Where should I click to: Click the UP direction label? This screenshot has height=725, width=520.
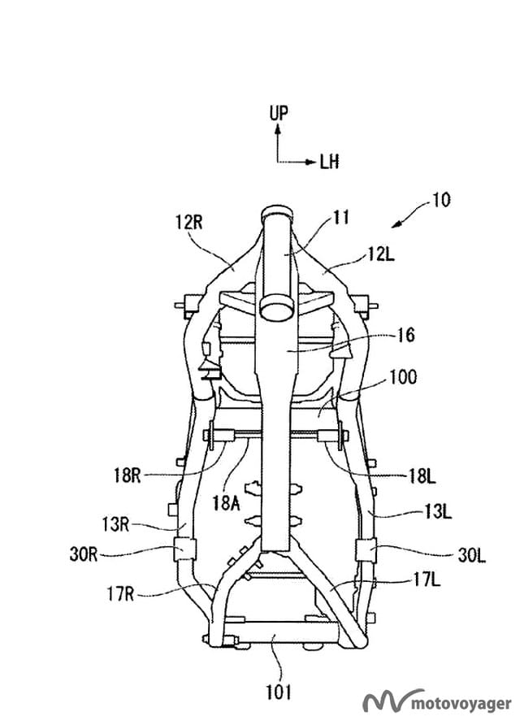279,113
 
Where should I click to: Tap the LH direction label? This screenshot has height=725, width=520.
330,162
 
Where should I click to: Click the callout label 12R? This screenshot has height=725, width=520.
189,223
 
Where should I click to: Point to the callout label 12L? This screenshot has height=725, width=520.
381,254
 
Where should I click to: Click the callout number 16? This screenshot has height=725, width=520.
405,335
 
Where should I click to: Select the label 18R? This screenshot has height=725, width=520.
127,475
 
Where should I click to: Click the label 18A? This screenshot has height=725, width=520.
227,502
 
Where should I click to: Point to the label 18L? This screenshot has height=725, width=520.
422,475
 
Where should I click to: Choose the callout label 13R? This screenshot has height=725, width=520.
115,525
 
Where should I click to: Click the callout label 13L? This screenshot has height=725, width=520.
438,512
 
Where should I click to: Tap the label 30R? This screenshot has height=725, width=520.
84,554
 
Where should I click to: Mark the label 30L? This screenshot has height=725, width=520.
471,555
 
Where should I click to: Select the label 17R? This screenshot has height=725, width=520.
120,594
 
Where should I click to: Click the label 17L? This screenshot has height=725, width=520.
427,580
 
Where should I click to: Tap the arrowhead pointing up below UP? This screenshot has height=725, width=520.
277,130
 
